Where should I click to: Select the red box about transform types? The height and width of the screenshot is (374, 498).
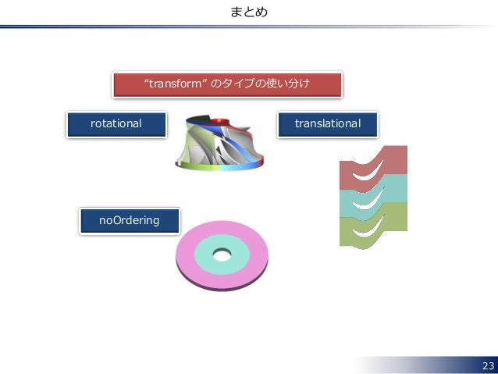227,84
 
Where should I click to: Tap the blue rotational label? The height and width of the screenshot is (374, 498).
116,123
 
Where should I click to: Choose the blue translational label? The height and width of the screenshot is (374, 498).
327,123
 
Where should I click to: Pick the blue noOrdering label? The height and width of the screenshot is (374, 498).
129,220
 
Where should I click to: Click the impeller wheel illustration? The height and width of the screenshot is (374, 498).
218,144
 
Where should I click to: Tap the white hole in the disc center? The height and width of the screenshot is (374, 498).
222,255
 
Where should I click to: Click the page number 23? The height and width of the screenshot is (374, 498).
488,366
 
